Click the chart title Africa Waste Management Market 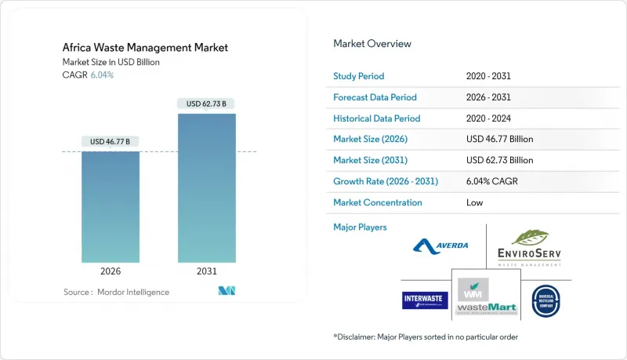pos(146,47)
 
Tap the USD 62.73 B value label pos(208,104)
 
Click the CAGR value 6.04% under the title pos(101,75)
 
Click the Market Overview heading pos(373,44)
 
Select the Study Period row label pos(358,76)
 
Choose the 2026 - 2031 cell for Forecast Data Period pos(493,97)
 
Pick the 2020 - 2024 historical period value pos(493,118)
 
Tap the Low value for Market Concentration pos(474,202)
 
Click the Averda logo pos(440,245)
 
